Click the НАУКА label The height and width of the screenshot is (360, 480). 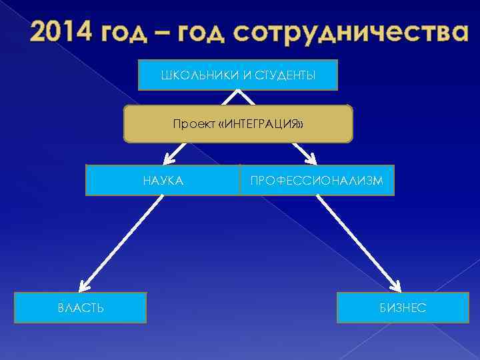click(x=163, y=180)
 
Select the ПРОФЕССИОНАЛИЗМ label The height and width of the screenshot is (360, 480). click(x=317, y=180)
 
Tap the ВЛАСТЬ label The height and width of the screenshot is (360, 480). click(x=80, y=308)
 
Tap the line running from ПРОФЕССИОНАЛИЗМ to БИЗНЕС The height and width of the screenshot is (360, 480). click(x=357, y=240)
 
